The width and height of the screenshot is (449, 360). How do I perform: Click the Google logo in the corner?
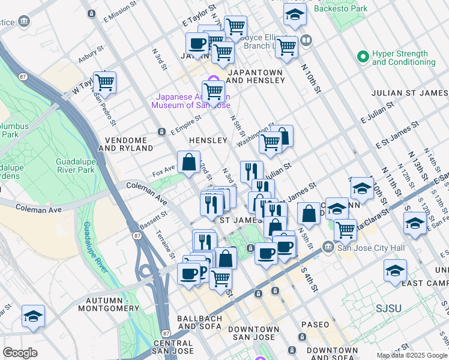click(20, 353)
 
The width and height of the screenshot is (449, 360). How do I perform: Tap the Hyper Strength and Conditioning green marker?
click(363, 58)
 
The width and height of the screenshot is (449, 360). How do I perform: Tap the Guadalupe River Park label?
click(83, 166)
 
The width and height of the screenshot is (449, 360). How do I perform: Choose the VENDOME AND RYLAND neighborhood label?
click(129, 143)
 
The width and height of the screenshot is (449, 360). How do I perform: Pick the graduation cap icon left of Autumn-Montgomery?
click(33, 316)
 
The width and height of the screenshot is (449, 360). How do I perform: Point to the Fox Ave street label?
click(163, 172)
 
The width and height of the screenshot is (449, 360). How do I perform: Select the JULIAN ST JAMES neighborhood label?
click(409, 93)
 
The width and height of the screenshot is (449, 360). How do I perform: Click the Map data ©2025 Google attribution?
click(412, 355)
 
